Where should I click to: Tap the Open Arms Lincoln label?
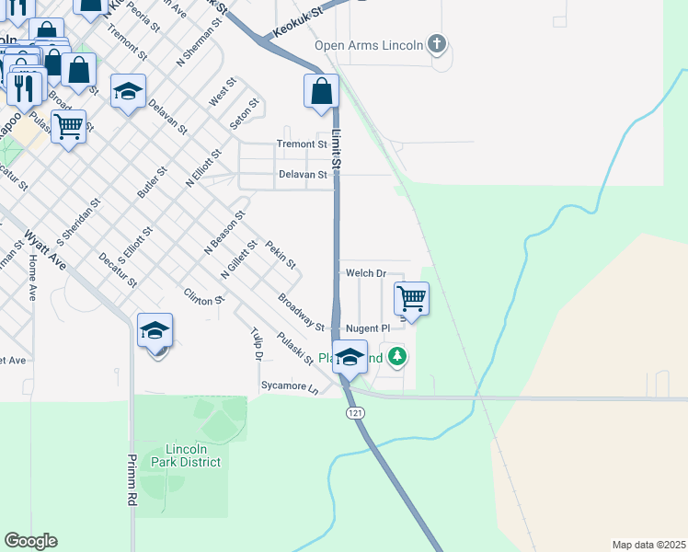(x=368, y=45)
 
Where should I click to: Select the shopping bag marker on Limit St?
(x=321, y=91)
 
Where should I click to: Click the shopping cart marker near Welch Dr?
(x=411, y=299)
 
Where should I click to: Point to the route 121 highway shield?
(x=356, y=414)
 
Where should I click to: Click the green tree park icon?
(x=396, y=356)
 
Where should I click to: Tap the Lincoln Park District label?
(x=193, y=455)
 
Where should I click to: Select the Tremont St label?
(x=302, y=144)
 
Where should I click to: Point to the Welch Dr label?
(x=365, y=273)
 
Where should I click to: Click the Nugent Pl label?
(x=368, y=328)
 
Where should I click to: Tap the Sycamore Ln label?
(x=289, y=386)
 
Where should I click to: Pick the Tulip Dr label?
(x=257, y=343)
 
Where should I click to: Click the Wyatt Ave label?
(x=45, y=250)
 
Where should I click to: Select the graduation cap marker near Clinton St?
(x=155, y=330)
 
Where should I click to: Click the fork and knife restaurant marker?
(x=25, y=88)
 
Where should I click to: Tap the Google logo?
(x=30, y=541)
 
